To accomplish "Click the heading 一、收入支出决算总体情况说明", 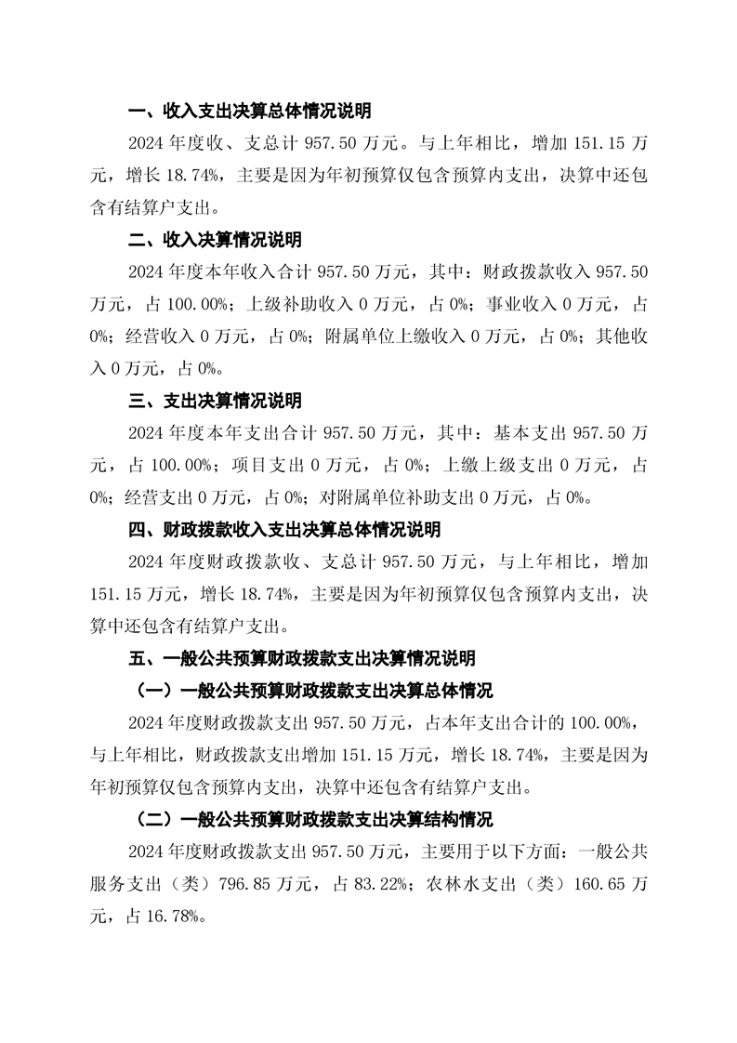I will [x=249, y=112].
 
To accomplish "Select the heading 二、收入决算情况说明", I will [x=215, y=240].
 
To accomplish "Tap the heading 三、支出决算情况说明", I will [x=215, y=402].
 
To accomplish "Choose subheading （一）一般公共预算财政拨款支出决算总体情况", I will [x=309, y=691].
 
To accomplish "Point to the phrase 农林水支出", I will [x=468, y=884].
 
